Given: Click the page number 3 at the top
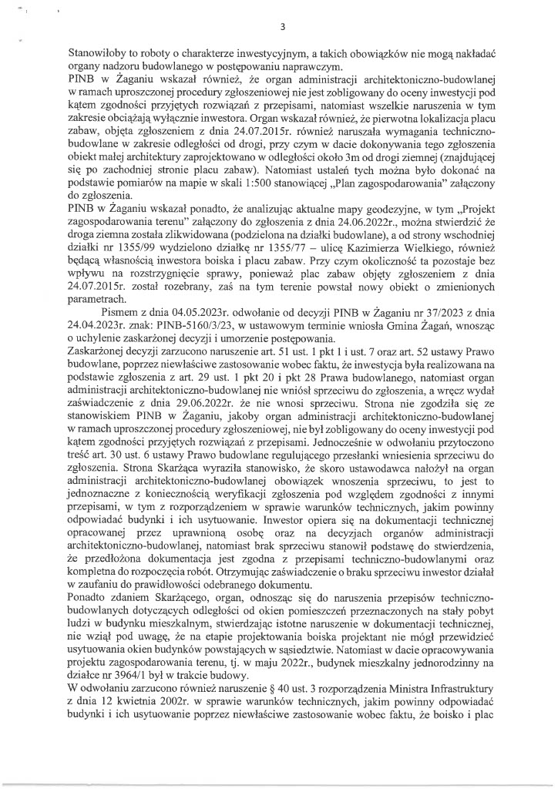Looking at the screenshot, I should pyautogui.click(x=284, y=29).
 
